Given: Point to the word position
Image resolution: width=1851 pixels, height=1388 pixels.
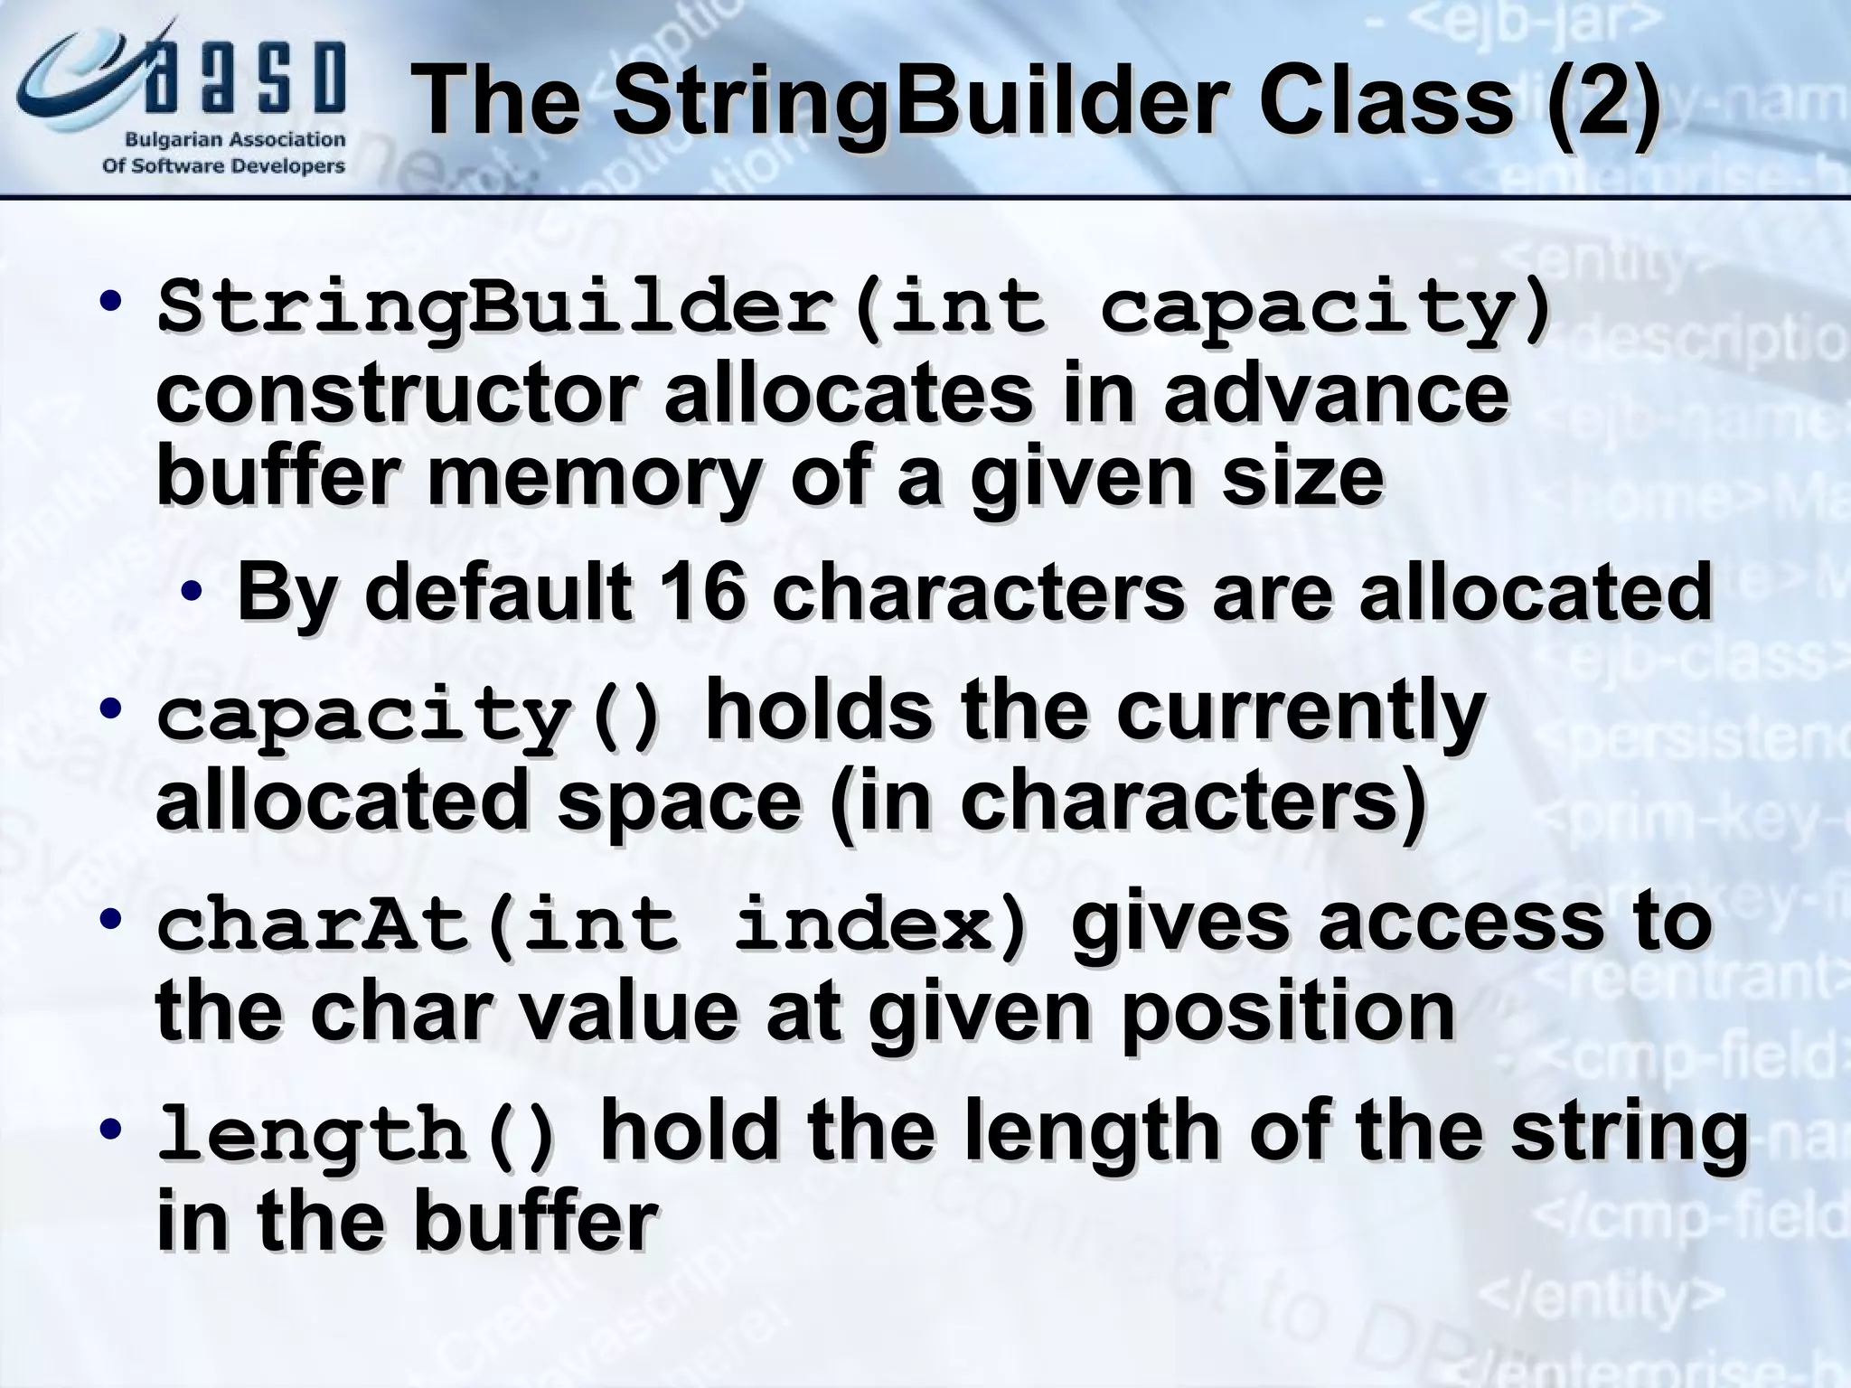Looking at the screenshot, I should coord(1288,1012).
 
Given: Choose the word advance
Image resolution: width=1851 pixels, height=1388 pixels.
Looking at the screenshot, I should coord(1336,394).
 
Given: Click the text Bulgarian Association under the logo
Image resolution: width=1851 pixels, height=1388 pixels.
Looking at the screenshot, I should coord(235,140).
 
